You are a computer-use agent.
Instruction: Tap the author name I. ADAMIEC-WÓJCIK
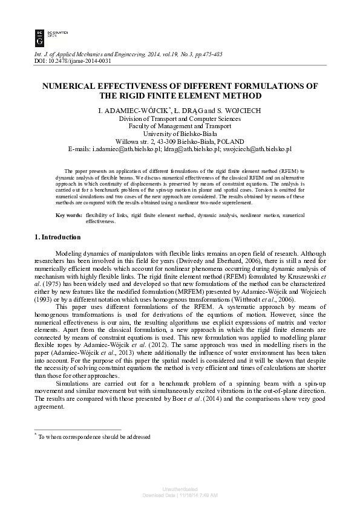click(139, 110)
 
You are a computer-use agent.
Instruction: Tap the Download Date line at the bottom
click(180, 494)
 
